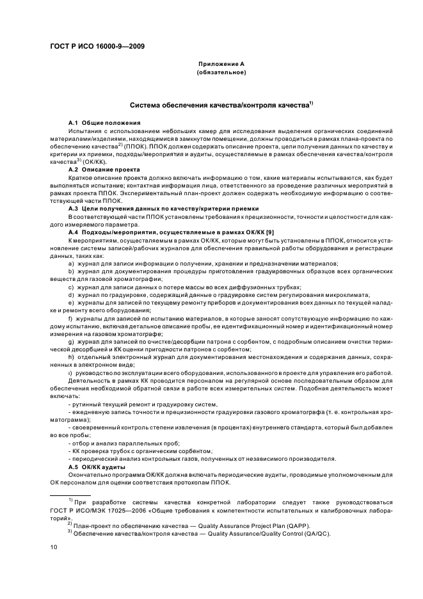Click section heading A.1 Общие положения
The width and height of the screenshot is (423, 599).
point(105,122)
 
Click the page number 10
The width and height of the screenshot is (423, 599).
point(53,547)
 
